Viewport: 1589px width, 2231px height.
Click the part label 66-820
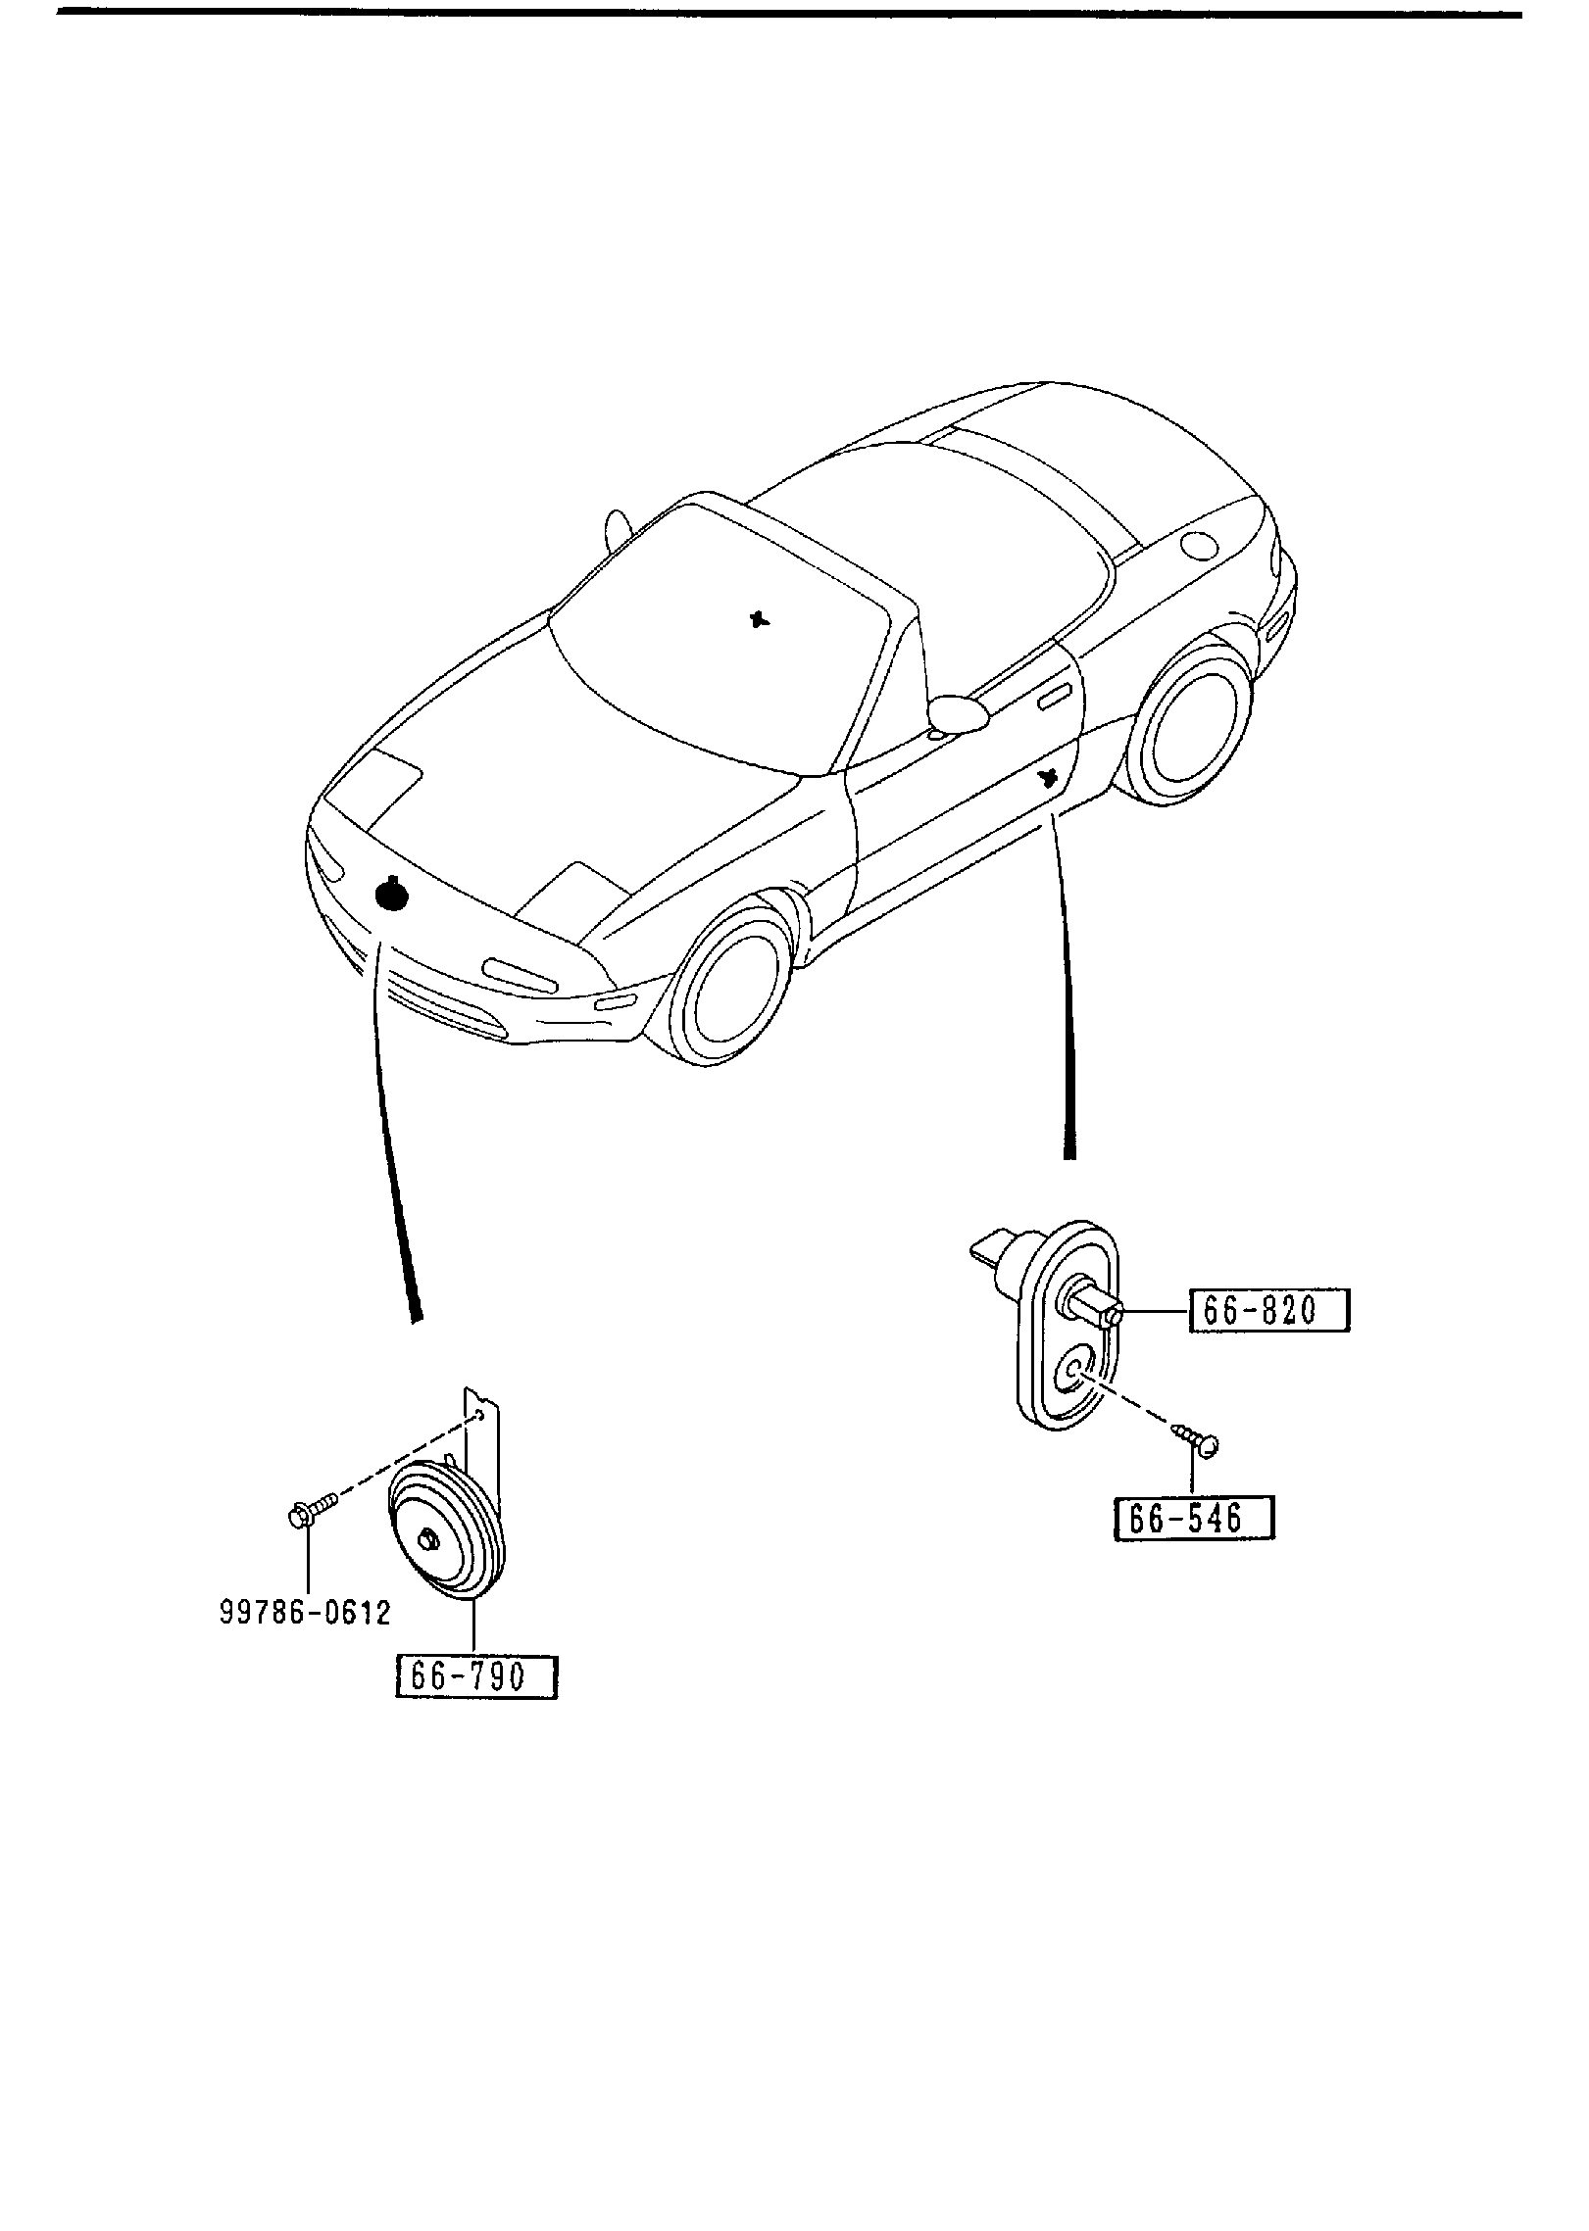coord(1269,1310)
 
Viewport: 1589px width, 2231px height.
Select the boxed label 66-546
coord(1194,1546)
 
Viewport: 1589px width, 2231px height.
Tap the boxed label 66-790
coord(475,1676)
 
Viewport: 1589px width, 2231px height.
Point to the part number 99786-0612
coord(305,1613)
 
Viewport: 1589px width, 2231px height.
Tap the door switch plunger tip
coord(1113,1316)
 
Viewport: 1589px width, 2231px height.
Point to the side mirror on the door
coord(958,713)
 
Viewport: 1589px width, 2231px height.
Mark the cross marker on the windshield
coord(758,618)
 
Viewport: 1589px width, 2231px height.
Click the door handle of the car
coord(1054,697)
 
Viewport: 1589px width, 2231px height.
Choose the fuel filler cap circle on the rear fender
coord(1200,545)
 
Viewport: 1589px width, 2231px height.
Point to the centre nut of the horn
coord(429,1539)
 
